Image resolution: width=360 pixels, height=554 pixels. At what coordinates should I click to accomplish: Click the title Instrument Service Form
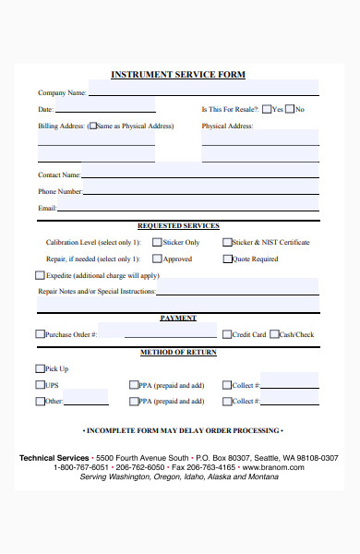tap(178, 75)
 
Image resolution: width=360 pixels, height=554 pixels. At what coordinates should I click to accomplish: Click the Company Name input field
tap(202, 91)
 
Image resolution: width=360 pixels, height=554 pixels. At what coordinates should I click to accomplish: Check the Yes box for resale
tap(266, 109)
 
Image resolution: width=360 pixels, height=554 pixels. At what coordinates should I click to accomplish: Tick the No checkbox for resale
tap(289, 109)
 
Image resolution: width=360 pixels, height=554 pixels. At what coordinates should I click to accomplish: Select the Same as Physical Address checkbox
tap(92, 126)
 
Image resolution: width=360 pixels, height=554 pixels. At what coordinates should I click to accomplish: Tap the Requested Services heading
tap(178, 225)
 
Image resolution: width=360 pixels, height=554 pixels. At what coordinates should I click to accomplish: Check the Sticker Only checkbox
tap(157, 243)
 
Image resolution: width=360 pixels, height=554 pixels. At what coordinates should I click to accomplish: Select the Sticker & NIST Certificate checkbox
tap(227, 243)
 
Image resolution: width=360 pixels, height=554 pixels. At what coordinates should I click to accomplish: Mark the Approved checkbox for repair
tap(157, 259)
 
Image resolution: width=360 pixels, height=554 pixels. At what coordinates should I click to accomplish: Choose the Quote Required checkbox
tap(227, 259)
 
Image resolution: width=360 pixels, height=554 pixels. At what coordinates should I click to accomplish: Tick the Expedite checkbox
tap(40, 275)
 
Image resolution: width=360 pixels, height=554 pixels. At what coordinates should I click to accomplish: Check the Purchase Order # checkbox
tap(40, 334)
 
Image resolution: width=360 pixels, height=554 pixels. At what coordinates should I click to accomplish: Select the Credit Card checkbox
tap(227, 334)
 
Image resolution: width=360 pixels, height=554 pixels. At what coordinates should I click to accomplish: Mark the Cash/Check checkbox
tap(273, 334)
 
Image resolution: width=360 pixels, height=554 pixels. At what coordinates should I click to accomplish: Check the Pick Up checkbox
tap(40, 368)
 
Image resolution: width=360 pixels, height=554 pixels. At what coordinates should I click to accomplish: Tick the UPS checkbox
tap(40, 385)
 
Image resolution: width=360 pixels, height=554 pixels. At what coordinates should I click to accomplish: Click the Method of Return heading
tap(178, 352)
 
